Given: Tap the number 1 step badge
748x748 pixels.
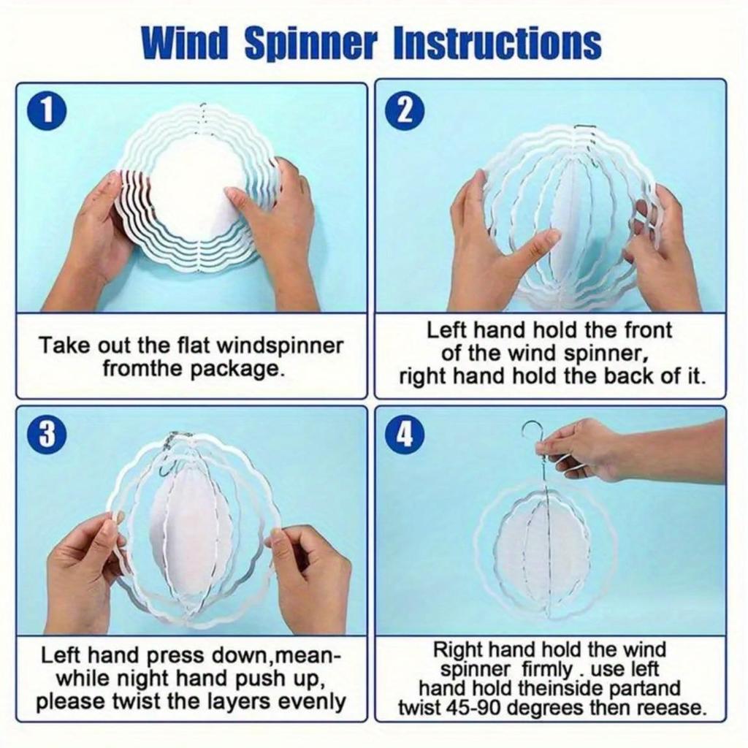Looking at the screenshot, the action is coord(46,115).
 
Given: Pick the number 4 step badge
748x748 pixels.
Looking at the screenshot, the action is coord(405,435).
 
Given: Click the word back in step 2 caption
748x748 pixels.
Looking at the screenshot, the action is coord(629,376).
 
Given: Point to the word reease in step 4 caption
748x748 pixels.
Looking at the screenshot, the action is coord(673,708).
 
